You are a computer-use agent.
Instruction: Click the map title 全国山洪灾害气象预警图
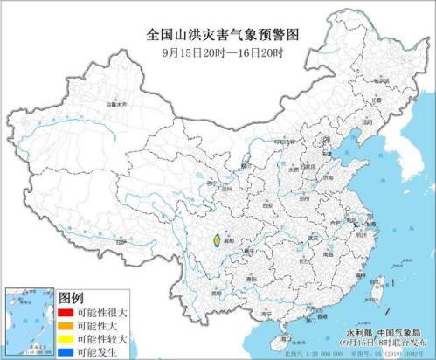[x=218, y=36]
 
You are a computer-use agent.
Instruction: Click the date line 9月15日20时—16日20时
[x=218, y=52]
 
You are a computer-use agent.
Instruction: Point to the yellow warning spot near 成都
[x=215, y=239]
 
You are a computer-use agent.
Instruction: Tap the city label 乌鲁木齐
[x=116, y=105]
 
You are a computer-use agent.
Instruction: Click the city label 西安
[x=260, y=204]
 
